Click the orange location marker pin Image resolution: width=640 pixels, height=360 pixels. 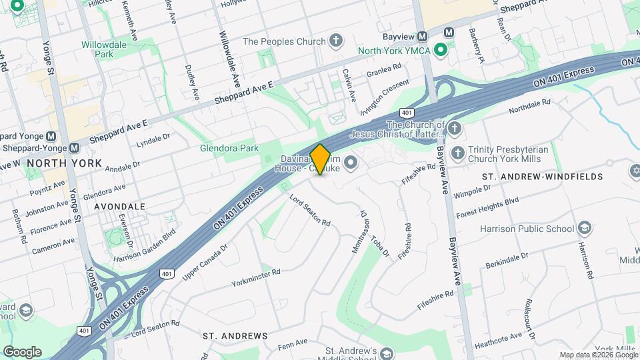(321, 159)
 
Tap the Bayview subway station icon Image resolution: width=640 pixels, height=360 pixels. (449, 32)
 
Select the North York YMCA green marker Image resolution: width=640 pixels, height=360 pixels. (440, 50)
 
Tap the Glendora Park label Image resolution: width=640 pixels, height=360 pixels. (229, 148)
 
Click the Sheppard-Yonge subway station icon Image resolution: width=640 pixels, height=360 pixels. (74, 147)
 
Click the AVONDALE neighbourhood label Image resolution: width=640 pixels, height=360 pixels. (119, 207)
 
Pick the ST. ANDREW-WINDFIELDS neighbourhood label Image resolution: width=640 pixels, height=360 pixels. (542, 177)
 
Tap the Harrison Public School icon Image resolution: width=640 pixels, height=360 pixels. (585, 229)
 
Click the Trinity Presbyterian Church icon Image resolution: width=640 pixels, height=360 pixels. (457, 153)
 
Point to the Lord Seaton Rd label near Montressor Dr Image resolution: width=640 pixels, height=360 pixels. (310, 210)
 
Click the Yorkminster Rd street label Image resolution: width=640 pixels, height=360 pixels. (256, 277)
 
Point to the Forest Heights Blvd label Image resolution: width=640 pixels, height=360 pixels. (487, 207)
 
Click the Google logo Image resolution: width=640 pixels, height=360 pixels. (22, 351)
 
